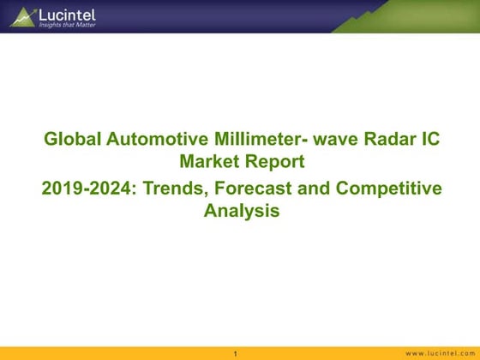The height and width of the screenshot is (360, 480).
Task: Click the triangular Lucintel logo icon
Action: (23, 15)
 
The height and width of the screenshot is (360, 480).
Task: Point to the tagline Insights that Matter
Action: (65, 26)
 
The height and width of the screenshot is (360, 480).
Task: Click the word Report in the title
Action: (274, 160)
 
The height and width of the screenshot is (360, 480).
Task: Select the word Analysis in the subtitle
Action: (242, 210)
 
